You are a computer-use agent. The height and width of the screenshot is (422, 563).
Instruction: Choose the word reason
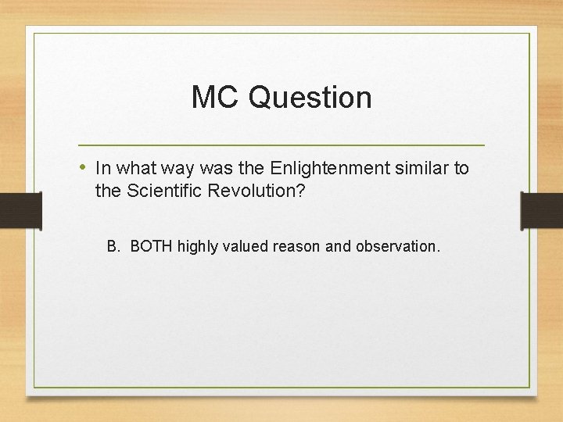[x=297, y=247]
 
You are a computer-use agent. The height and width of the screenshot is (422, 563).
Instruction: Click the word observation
[x=397, y=247]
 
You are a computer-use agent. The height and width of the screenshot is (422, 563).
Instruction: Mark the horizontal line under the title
[x=281, y=145]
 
